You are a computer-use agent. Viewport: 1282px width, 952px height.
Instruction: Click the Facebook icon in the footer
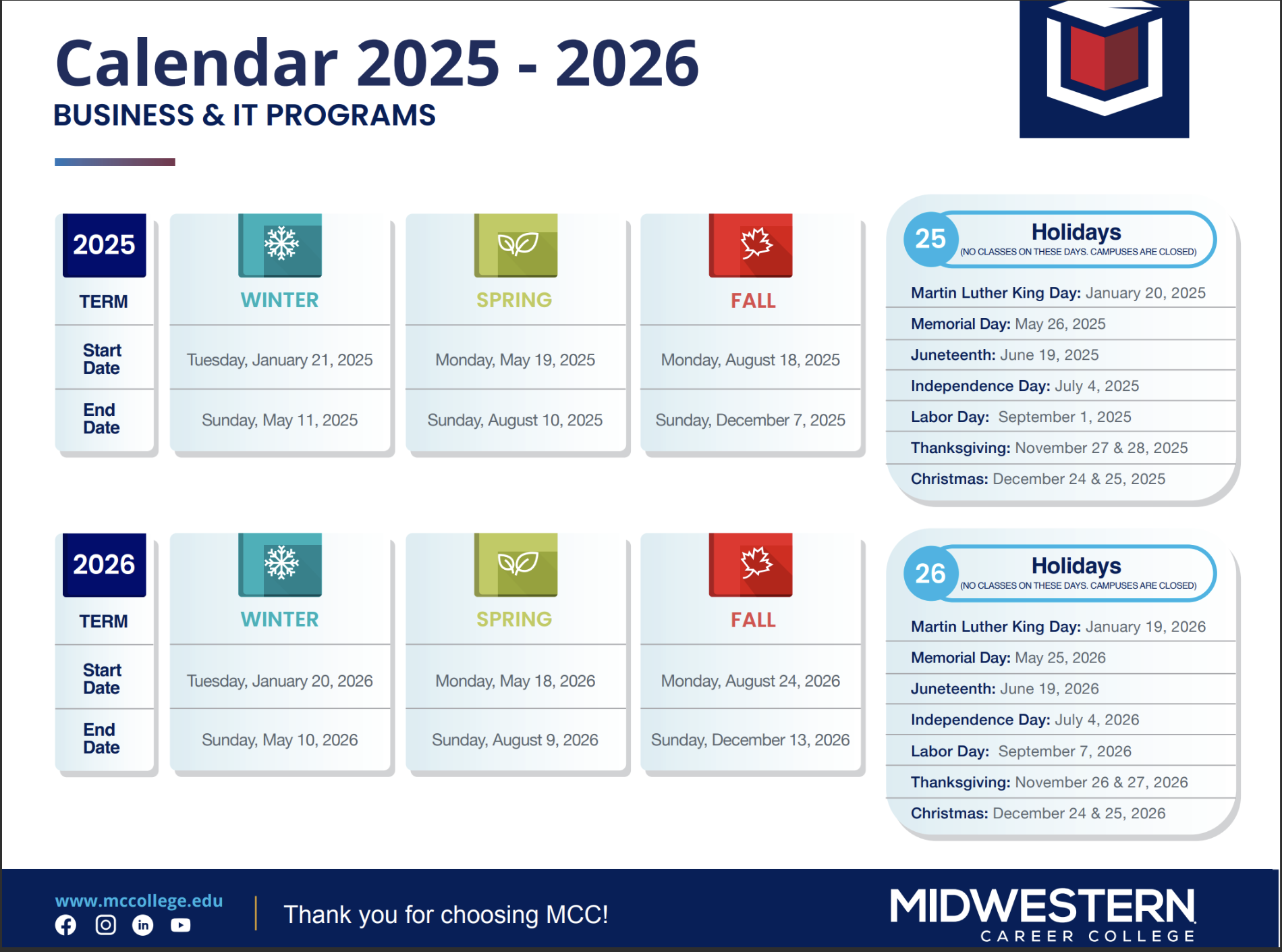(x=65, y=925)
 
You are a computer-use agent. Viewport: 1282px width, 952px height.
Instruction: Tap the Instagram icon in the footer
(x=105, y=925)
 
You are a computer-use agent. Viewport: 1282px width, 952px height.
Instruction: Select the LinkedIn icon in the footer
(x=143, y=925)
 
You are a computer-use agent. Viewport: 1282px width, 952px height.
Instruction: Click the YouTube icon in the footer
(x=180, y=925)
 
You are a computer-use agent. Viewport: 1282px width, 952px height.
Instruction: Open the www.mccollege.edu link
(x=139, y=901)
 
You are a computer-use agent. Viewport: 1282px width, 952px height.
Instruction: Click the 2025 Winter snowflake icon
(x=281, y=243)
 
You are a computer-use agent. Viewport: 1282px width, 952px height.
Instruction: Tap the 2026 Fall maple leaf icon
(x=756, y=562)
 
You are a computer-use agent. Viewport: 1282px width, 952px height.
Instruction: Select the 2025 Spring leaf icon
(x=517, y=244)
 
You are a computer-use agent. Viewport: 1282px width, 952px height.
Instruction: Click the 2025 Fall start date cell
(x=750, y=360)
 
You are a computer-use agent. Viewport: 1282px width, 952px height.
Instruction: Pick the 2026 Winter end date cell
(x=280, y=740)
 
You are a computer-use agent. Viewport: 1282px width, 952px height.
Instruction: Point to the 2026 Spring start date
(x=515, y=681)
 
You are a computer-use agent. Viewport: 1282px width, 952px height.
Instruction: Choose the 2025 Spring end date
(x=515, y=420)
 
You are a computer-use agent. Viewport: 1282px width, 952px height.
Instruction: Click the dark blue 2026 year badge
(x=105, y=564)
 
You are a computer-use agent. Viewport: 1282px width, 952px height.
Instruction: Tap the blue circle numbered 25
(x=930, y=239)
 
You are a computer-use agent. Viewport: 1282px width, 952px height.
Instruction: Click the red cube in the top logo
(x=1104, y=57)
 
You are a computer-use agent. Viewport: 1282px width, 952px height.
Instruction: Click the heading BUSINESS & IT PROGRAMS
(x=245, y=115)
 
